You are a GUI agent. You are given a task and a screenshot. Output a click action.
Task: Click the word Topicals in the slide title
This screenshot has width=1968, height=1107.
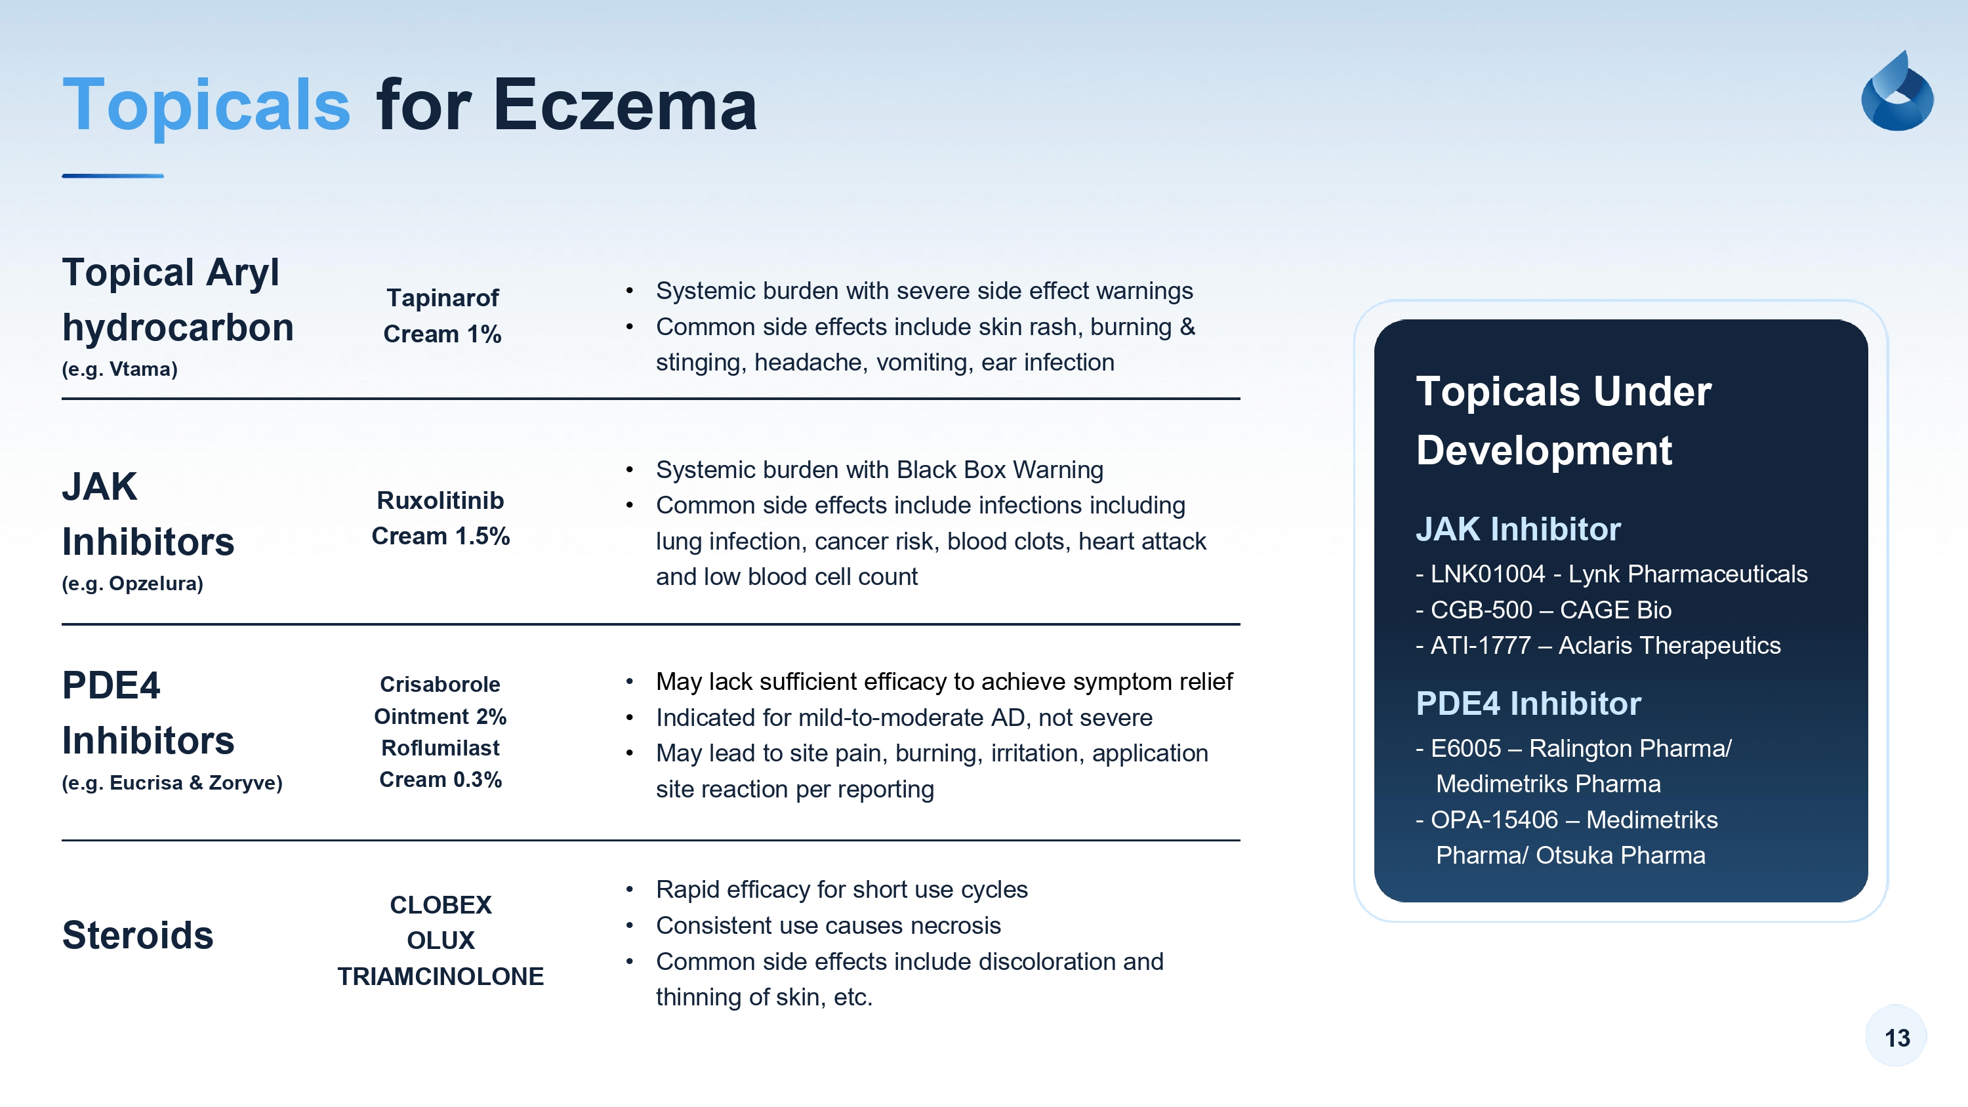pos(206,106)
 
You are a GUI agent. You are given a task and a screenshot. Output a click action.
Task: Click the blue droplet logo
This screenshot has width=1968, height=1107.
pos(1898,91)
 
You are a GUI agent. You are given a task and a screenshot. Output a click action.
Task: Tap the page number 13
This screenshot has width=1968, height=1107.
pos(1897,1037)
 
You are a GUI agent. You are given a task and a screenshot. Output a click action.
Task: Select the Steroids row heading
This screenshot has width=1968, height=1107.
pos(138,935)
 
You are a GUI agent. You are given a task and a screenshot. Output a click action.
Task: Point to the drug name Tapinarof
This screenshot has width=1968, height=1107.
pos(442,297)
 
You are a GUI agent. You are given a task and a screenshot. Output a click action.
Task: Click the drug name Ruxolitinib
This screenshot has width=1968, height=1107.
pos(441,500)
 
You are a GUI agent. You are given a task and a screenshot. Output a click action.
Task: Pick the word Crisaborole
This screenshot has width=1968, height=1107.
pos(440,684)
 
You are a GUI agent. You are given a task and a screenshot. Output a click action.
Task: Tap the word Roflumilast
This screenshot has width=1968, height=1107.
pos(440,747)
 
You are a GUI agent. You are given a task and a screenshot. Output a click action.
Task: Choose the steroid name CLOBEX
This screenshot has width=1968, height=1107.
pos(441,904)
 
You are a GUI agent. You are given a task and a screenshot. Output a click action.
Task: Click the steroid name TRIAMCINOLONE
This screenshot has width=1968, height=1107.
pos(441,976)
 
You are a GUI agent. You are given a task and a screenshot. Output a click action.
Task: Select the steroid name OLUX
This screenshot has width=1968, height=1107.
pos(441,940)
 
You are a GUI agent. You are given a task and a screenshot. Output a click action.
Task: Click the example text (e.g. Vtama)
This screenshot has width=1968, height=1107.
pos(120,369)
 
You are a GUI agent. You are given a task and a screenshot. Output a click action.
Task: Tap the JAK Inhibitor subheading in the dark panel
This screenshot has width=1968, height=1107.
pos(1518,529)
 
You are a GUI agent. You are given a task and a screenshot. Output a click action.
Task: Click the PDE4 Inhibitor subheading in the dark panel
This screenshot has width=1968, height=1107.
pos(1528,703)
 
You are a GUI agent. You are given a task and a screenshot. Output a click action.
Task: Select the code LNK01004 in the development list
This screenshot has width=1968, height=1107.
pos(1487,574)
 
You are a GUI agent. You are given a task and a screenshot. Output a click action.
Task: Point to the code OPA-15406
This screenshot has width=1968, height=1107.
pos(1494,820)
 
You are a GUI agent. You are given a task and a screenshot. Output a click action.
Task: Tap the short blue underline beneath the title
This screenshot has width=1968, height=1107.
pos(113,176)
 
